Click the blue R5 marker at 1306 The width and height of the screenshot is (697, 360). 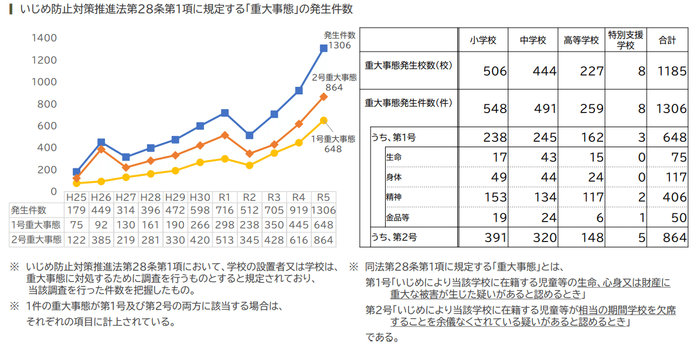(324, 49)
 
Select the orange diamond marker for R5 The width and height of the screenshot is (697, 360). (324, 97)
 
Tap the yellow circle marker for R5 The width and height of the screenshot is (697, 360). (324, 120)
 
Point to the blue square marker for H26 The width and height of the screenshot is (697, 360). (101, 142)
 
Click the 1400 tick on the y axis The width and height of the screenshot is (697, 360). (45, 38)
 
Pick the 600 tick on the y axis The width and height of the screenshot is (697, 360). (48, 125)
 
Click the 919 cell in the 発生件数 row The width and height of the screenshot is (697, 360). (298, 210)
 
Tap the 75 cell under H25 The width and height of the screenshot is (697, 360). (77, 225)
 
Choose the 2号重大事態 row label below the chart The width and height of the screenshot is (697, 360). (36, 239)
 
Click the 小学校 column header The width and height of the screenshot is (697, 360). (483, 40)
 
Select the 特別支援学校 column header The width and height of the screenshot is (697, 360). (626, 40)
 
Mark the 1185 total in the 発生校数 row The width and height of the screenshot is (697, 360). (672, 72)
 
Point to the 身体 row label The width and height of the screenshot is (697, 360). (394, 176)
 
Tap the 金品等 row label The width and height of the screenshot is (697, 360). (397, 218)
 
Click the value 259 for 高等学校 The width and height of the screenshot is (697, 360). (591, 109)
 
